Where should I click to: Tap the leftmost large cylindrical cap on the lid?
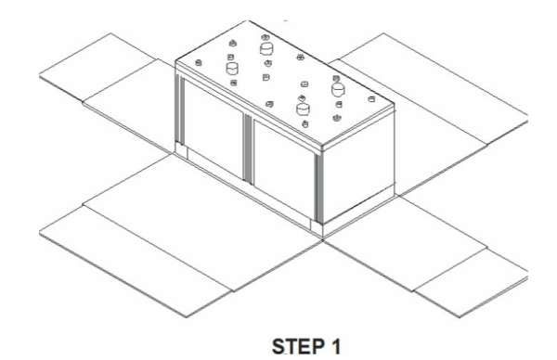click(x=232, y=67)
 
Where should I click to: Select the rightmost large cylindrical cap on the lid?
click(x=338, y=89)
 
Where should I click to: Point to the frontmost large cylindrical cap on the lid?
click(x=302, y=109)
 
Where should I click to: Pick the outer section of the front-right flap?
click(x=464, y=278)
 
